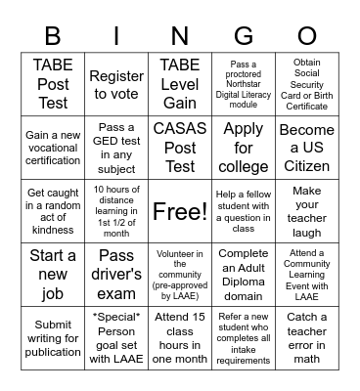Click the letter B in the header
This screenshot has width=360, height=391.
click(53, 35)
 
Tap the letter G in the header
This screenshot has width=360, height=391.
click(245, 35)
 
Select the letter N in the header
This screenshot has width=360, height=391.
click(180, 35)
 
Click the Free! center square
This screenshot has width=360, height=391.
click(180, 211)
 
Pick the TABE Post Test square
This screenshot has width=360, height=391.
click(53, 85)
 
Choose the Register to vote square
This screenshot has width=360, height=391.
click(116, 85)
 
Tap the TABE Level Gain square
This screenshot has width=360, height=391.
click(180, 85)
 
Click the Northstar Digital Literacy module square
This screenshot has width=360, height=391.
click(244, 85)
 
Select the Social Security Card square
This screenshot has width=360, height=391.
click(307, 85)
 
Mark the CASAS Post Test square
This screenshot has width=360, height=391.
click(180, 147)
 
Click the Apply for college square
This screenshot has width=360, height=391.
click(244, 147)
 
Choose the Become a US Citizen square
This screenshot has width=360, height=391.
click(307, 147)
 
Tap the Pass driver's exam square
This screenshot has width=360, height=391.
click(116, 275)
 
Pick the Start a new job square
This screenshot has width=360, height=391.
click(53, 275)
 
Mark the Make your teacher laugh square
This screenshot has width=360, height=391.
click(307, 211)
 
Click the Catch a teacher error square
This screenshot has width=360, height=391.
click(307, 338)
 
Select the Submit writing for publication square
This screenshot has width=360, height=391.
click(53, 338)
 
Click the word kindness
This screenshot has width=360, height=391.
click(53, 230)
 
